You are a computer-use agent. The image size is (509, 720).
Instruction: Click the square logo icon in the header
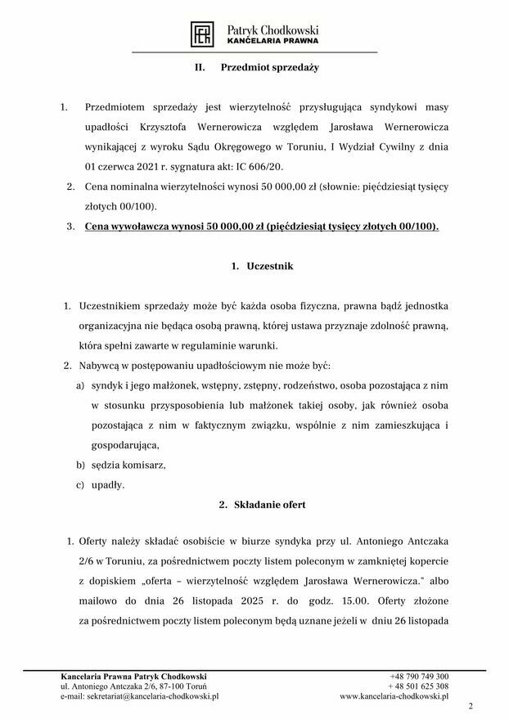(202, 34)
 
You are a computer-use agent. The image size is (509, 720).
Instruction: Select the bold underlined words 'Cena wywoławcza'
(133, 226)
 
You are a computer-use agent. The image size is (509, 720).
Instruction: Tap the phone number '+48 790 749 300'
(419, 677)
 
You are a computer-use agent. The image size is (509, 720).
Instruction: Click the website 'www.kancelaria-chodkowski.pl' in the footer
(394, 696)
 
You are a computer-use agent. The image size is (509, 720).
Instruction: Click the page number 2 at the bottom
(471, 706)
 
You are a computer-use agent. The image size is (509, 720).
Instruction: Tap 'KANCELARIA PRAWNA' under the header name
(273, 40)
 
